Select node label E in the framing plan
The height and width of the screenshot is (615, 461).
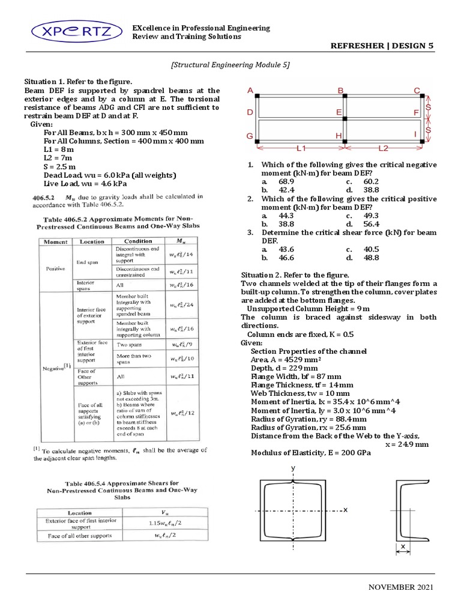tap(339, 112)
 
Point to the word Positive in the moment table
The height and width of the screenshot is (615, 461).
tap(55, 268)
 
